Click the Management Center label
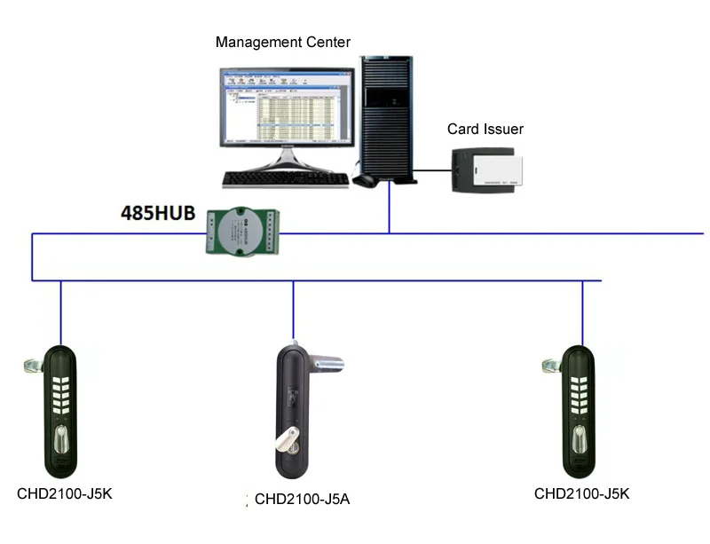point(283,42)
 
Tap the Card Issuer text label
point(485,130)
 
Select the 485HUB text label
point(158,214)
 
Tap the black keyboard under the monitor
point(286,179)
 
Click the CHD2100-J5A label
point(302,499)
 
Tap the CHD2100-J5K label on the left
point(64,493)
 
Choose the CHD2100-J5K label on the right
point(581,493)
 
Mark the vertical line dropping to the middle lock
point(293,311)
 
